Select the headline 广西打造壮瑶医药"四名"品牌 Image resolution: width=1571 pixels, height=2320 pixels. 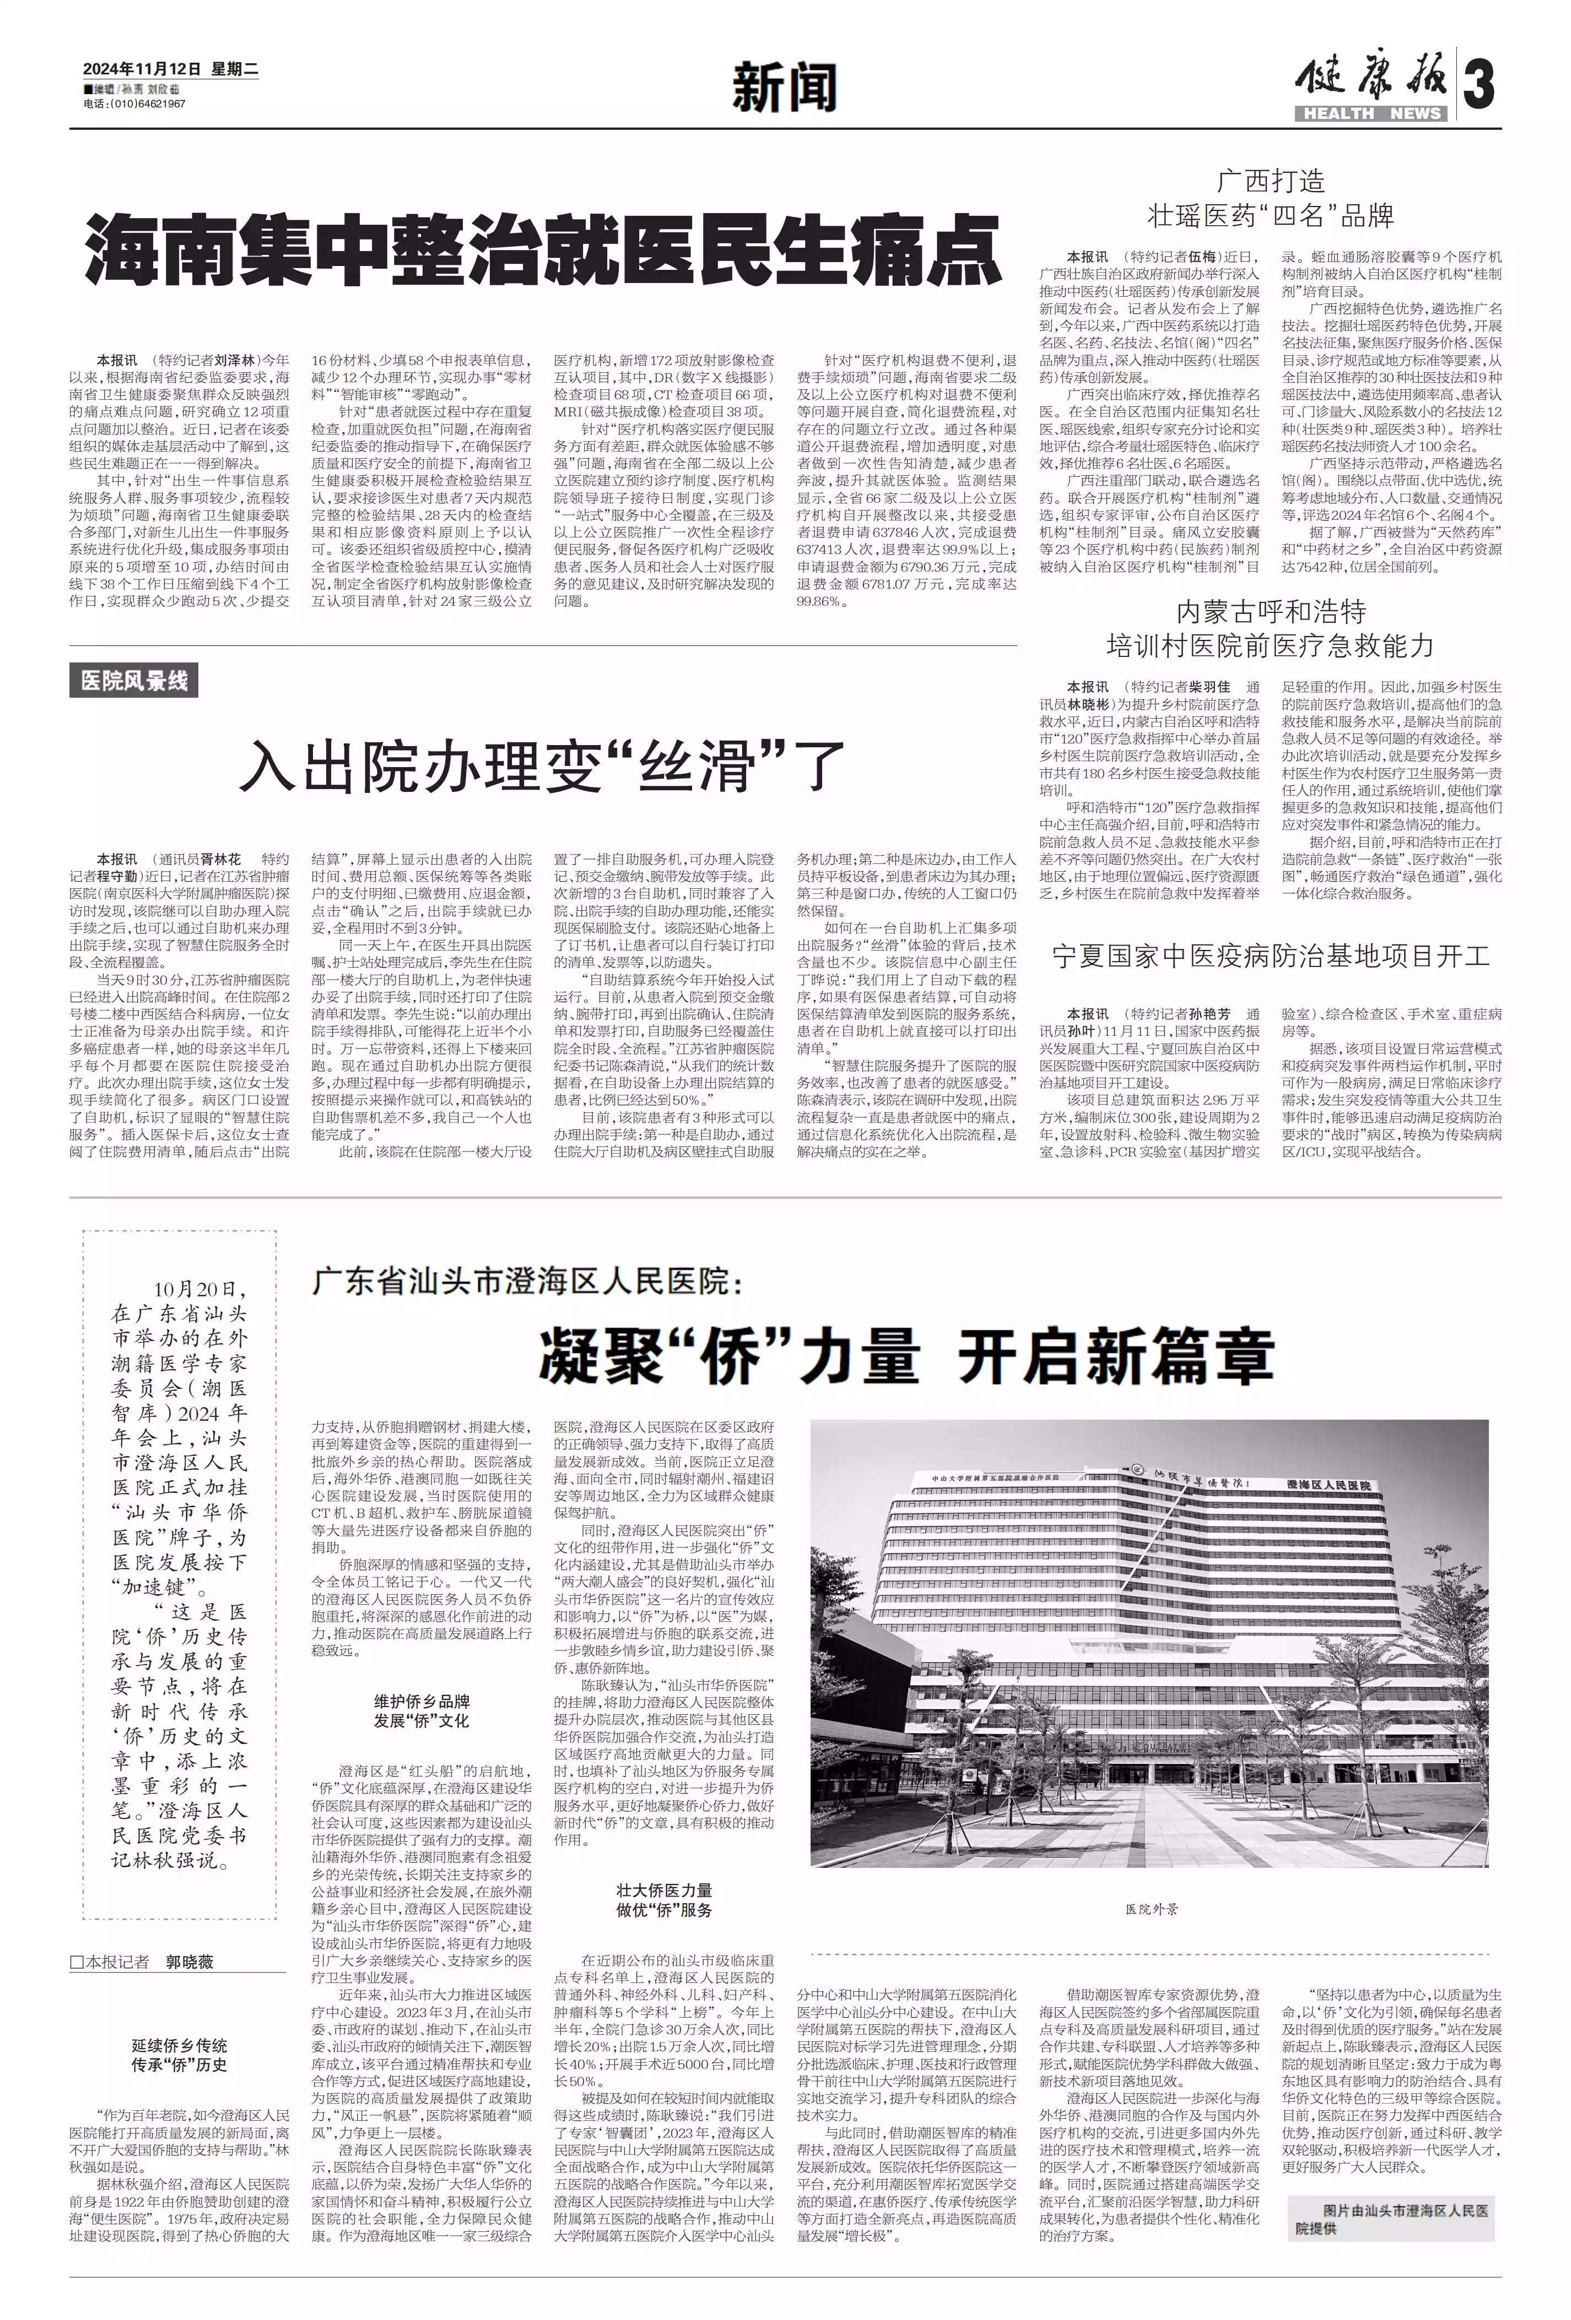pyautogui.click(x=1270, y=198)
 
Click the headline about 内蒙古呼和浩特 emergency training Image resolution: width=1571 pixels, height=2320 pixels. pyautogui.click(x=1270, y=629)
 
